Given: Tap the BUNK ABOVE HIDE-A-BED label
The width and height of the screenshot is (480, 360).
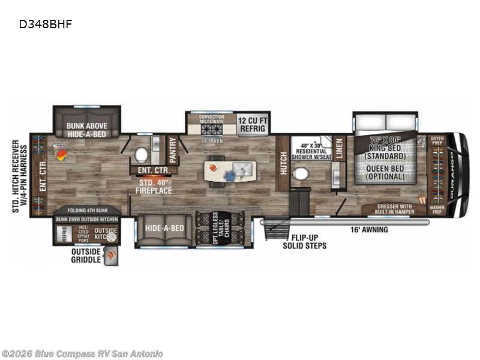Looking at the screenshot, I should click(x=87, y=131).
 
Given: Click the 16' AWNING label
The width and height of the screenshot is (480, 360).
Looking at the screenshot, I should click(x=370, y=229).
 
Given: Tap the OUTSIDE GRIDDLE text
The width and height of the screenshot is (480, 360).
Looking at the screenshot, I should click(x=86, y=256).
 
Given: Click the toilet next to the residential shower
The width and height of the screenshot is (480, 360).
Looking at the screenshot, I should click(x=300, y=175).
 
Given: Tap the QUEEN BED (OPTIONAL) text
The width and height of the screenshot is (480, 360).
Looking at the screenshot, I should click(x=384, y=173).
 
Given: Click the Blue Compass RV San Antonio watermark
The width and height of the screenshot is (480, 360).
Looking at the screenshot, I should click(x=82, y=353).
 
